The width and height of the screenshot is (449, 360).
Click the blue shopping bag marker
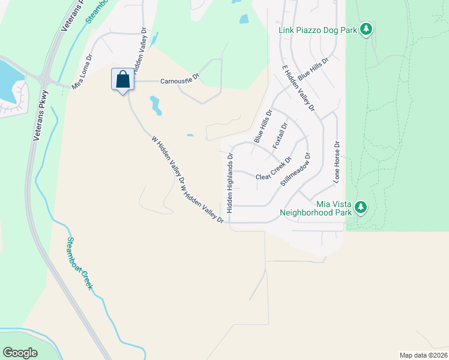122,80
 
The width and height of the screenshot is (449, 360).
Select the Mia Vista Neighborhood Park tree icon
360,208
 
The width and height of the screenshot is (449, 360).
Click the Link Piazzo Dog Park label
318,29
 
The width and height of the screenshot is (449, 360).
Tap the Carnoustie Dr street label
179,81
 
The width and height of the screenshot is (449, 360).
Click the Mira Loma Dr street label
83,73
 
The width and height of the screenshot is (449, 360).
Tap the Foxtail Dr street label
280,136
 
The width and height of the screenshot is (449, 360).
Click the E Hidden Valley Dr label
298,90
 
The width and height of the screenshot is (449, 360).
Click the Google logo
20,353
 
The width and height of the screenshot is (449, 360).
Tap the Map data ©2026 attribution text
423,355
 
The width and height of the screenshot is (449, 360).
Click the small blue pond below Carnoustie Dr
155,105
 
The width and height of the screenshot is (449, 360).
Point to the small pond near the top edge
244,19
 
